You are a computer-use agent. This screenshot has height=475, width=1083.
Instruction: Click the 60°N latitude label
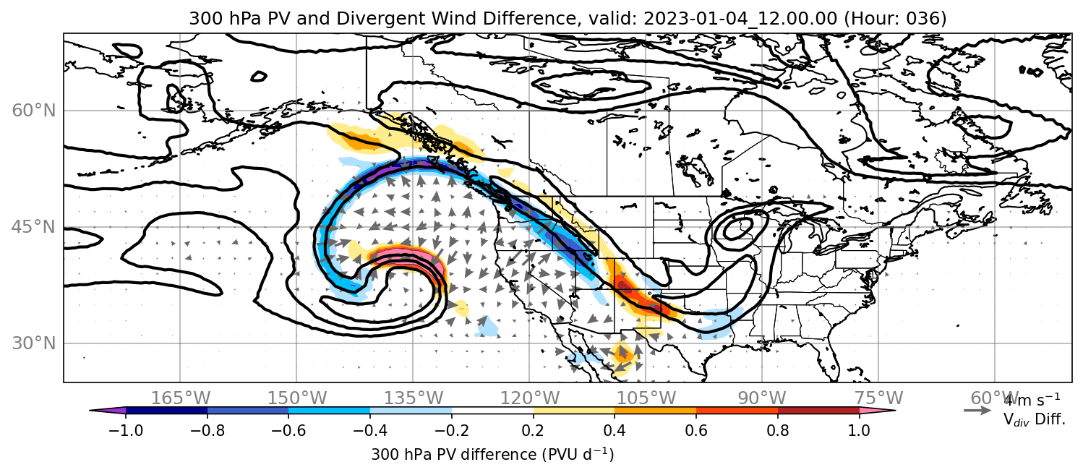34,111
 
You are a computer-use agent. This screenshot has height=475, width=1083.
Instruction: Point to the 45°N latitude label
34,227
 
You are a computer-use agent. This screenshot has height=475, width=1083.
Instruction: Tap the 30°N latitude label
34,343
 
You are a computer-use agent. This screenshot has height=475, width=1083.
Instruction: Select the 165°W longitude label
181,398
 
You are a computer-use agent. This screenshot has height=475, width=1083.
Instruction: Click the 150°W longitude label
297,398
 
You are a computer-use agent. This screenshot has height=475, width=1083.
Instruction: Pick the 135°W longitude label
414,398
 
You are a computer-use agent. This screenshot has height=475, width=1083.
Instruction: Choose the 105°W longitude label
646,398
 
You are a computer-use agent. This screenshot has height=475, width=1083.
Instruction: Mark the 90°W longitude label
762,398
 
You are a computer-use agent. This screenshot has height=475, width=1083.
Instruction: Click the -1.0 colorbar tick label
126,430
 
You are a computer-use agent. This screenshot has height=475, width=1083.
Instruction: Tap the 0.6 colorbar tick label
696,430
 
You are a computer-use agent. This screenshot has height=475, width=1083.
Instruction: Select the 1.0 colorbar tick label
859,430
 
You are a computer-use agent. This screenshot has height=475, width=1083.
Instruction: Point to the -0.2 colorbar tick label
452,430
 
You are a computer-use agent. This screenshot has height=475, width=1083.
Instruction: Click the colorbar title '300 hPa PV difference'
454,455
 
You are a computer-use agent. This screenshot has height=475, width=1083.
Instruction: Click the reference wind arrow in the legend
977,411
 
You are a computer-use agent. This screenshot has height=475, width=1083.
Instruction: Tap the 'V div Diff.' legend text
1034,420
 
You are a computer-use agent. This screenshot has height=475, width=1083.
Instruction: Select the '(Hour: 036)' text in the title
895,18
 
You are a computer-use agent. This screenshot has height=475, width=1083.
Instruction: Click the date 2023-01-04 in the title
692,18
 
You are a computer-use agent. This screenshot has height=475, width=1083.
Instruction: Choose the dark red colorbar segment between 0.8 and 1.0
818,411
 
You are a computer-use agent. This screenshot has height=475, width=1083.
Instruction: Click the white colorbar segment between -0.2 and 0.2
492,411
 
